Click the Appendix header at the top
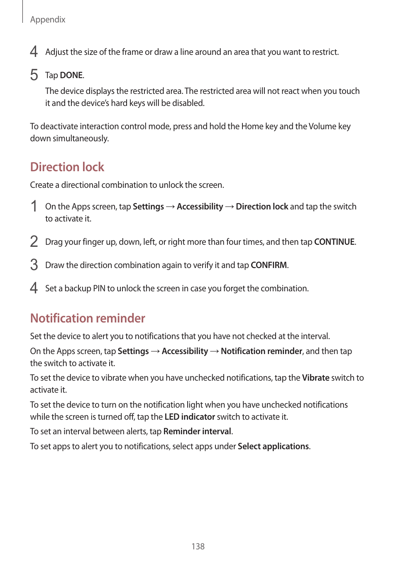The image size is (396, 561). point(48,20)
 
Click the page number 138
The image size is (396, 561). point(198,546)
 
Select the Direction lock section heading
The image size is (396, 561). point(67,167)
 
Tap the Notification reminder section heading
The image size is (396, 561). point(88,318)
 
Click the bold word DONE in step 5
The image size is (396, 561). point(71,75)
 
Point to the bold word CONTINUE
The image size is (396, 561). point(334,242)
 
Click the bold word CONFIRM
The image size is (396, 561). point(269,265)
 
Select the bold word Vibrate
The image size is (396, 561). point(315,378)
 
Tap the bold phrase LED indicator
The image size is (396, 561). point(190,417)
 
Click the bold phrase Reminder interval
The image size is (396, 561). point(197,431)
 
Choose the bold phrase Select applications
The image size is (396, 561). point(273,446)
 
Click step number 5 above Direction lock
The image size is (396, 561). point(34,75)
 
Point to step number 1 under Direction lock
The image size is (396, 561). point(34,207)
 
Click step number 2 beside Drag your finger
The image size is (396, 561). point(34,242)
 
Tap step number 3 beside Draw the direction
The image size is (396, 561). point(34,265)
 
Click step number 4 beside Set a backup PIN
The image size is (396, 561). point(34,288)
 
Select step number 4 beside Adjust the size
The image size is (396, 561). point(34,52)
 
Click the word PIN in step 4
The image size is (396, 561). point(99,288)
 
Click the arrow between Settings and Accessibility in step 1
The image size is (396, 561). point(170,207)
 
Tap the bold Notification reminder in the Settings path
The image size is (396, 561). point(262,351)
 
